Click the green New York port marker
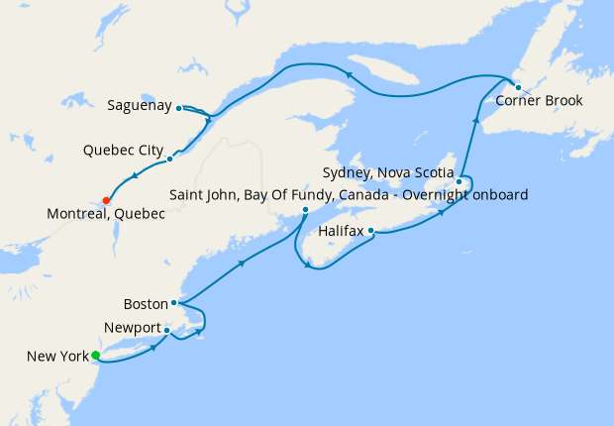[x=95, y=356]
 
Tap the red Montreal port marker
[x=106, y=200]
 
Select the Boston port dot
[x=174, y=303]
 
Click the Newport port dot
[x=167, y=330]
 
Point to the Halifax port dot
[x=370, y=231]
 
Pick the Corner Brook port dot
[x=518, y=87]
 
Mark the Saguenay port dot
[x=178, y=108]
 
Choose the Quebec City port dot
[x=170, y=159]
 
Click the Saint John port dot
[x=305, y=210]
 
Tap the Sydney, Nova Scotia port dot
[x=459, y=181]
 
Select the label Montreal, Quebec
[x=105, y=214]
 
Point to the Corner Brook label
[x=539, y=101]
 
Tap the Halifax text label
[x=341, y=231]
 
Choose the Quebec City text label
[x=124, y=151]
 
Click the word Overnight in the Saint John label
[x=449, y=194]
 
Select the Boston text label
[x=146, y=303]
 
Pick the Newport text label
[x=131, y=327]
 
